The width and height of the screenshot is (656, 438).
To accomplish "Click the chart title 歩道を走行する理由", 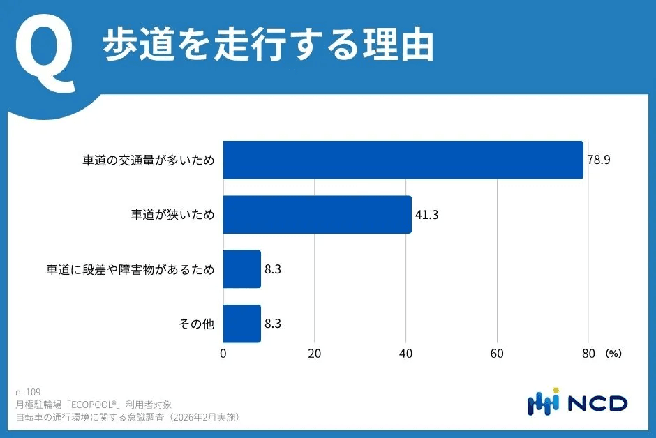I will point(269,47).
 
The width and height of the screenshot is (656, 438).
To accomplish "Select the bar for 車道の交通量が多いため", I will point(403,160).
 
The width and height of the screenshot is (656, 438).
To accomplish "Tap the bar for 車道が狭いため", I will point(317,214).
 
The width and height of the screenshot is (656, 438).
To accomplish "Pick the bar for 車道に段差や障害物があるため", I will point(241,269).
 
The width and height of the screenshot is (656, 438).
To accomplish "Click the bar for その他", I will point(241,324).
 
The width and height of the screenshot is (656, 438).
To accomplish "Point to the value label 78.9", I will point(599,160).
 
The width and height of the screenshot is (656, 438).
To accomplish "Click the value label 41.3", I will point(426,214).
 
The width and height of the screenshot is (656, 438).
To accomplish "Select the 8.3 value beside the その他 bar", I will point(274,324).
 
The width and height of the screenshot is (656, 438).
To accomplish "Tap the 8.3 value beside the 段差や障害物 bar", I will point(274,269).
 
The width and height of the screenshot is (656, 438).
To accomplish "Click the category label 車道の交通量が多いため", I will point(147,160).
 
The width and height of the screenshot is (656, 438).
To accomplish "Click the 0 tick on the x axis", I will point(223,354).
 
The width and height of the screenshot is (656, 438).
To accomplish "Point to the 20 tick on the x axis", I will point(315,354).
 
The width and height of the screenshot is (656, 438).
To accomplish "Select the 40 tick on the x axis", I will point(405,354).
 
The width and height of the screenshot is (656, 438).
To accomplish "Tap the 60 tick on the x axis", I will point(497,354).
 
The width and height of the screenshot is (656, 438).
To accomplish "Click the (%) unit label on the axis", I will point(613,354).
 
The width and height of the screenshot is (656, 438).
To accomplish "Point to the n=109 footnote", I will point(28,392).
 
